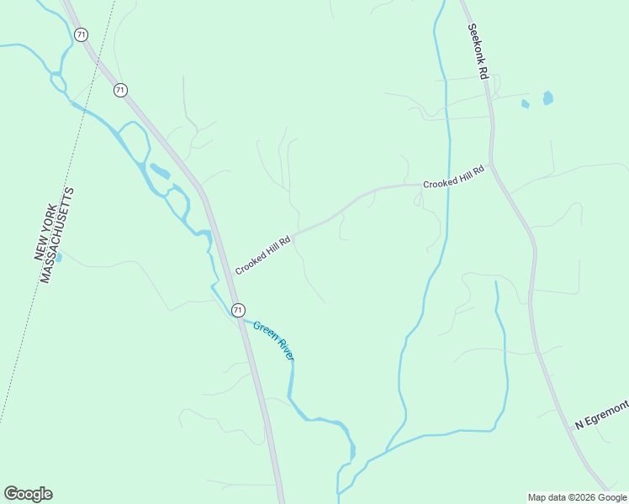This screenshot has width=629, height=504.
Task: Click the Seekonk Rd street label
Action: [478, 50]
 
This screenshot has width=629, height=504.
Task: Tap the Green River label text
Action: [274, 340]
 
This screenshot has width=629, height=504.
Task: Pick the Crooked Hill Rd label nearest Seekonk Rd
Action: [453, 177]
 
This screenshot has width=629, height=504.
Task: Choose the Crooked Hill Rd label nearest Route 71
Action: [262, 255]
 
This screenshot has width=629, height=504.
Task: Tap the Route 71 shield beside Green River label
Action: [238, 309]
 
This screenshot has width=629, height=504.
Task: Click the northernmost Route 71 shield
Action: [80, 34]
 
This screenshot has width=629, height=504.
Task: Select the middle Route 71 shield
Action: [121, 89]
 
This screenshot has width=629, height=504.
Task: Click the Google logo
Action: [28, 494]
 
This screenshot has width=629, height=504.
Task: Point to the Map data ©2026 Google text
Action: [577, 497]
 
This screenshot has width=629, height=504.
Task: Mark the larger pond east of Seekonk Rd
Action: [548, 97]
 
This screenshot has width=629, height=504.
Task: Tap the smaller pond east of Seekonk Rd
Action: [526, 104]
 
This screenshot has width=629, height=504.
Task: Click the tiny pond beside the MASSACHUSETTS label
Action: [58, 257]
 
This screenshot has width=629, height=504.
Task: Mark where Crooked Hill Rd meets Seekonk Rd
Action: [492, 165]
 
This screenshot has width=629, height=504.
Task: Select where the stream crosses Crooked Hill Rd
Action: [447, 183]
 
